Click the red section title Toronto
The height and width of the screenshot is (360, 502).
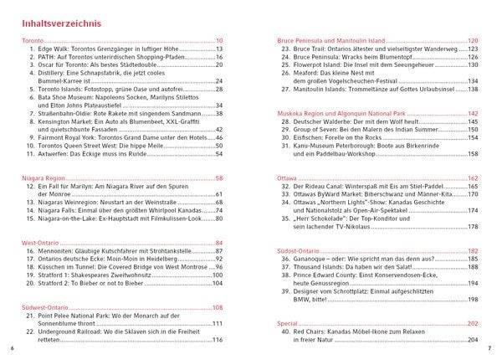pyautogui.click(x=33, y=41)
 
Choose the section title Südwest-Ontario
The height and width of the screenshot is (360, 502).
pyautogui.click(x=45, y=306)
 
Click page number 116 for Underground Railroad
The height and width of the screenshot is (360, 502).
pyautogui.click(x=222, y=339)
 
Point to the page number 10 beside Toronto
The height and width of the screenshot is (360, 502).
pyautogui.click(x=219, y=41)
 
